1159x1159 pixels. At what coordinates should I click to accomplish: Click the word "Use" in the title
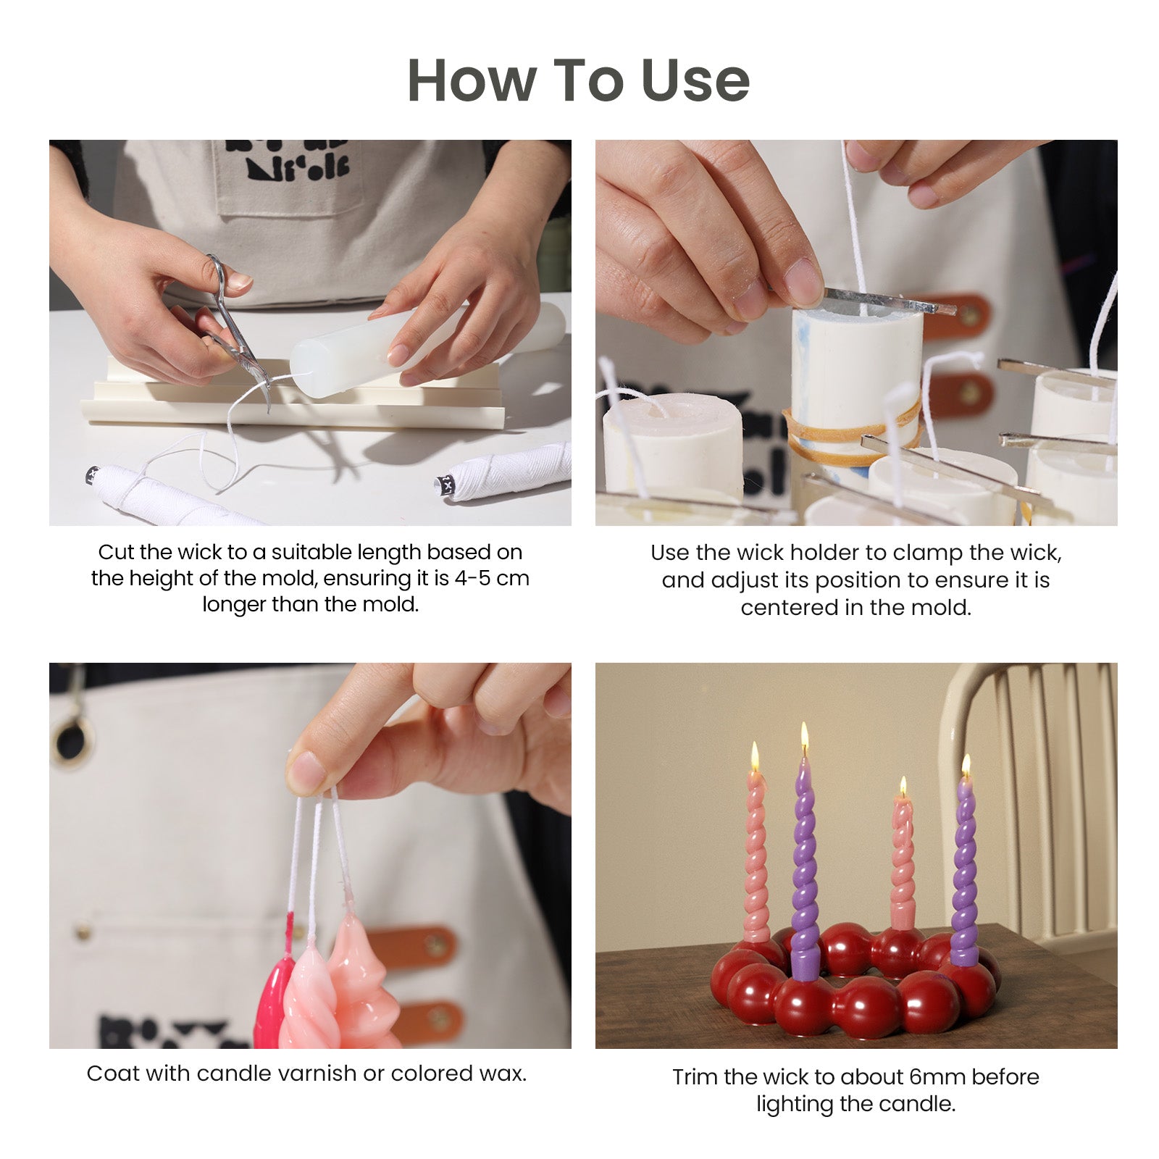[x=695, y=80]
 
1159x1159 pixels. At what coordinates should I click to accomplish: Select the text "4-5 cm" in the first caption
[x=492, y=578]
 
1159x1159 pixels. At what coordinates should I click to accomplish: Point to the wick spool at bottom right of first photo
[x=507, y=471]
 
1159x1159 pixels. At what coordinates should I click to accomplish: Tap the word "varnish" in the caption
[x=314, y=1074]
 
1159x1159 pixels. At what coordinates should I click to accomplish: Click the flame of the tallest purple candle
[x=804, y=739]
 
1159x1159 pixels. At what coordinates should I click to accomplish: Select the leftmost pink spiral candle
[x=756, y=855]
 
